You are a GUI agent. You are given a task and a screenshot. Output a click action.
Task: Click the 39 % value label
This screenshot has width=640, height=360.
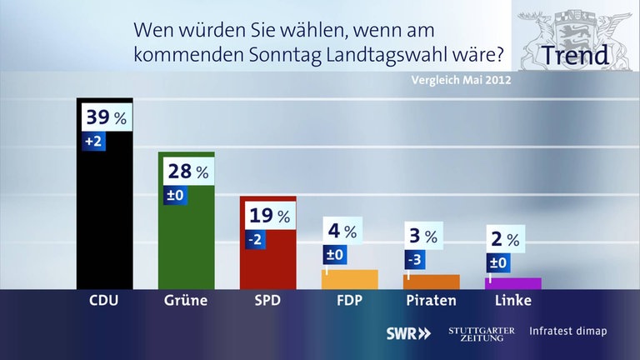[105, 118]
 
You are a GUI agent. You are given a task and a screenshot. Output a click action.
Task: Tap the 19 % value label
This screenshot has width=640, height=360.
[268, 216]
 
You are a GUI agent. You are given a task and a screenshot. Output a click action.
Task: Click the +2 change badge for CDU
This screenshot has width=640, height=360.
[93, 142]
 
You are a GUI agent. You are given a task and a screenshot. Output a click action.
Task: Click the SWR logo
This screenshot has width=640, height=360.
[408, 332]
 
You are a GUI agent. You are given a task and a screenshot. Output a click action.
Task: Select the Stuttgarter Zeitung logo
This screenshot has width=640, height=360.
[481, 332]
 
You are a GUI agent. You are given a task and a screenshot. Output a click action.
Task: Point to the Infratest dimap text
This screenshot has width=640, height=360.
[567, 332]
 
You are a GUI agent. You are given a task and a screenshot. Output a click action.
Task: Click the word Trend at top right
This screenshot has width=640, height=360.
[574, 56]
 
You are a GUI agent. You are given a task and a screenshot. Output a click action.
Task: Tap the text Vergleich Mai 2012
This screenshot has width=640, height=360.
[461, 82]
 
